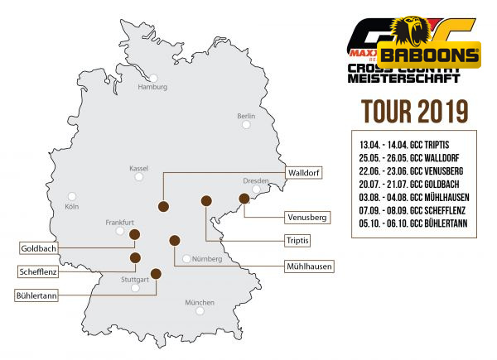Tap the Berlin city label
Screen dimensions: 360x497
(x=246, y=116)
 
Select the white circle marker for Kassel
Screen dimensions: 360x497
(x=139, y=177)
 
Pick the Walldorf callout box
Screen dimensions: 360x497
(x=302, y=173)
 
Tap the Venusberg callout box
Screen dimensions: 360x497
(x=306, y=218)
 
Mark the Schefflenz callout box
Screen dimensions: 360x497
(x=39, y=271)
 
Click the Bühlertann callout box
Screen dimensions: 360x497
(x=37, y=294)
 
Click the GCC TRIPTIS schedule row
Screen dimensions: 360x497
(x=409, y=144)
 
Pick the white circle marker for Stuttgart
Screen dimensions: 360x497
(x=135, y=288)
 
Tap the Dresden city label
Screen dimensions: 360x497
(x=257, y=180)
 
